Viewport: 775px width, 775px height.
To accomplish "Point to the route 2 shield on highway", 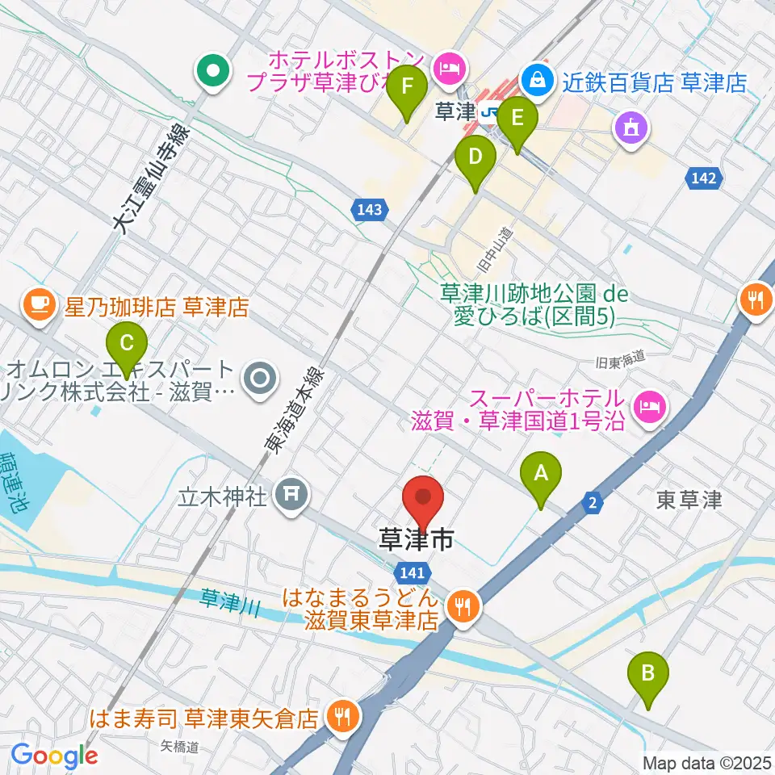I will click(593, 504).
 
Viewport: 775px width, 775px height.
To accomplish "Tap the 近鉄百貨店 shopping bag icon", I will click(534, 79).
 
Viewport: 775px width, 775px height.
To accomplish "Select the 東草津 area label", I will click(689, 501).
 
